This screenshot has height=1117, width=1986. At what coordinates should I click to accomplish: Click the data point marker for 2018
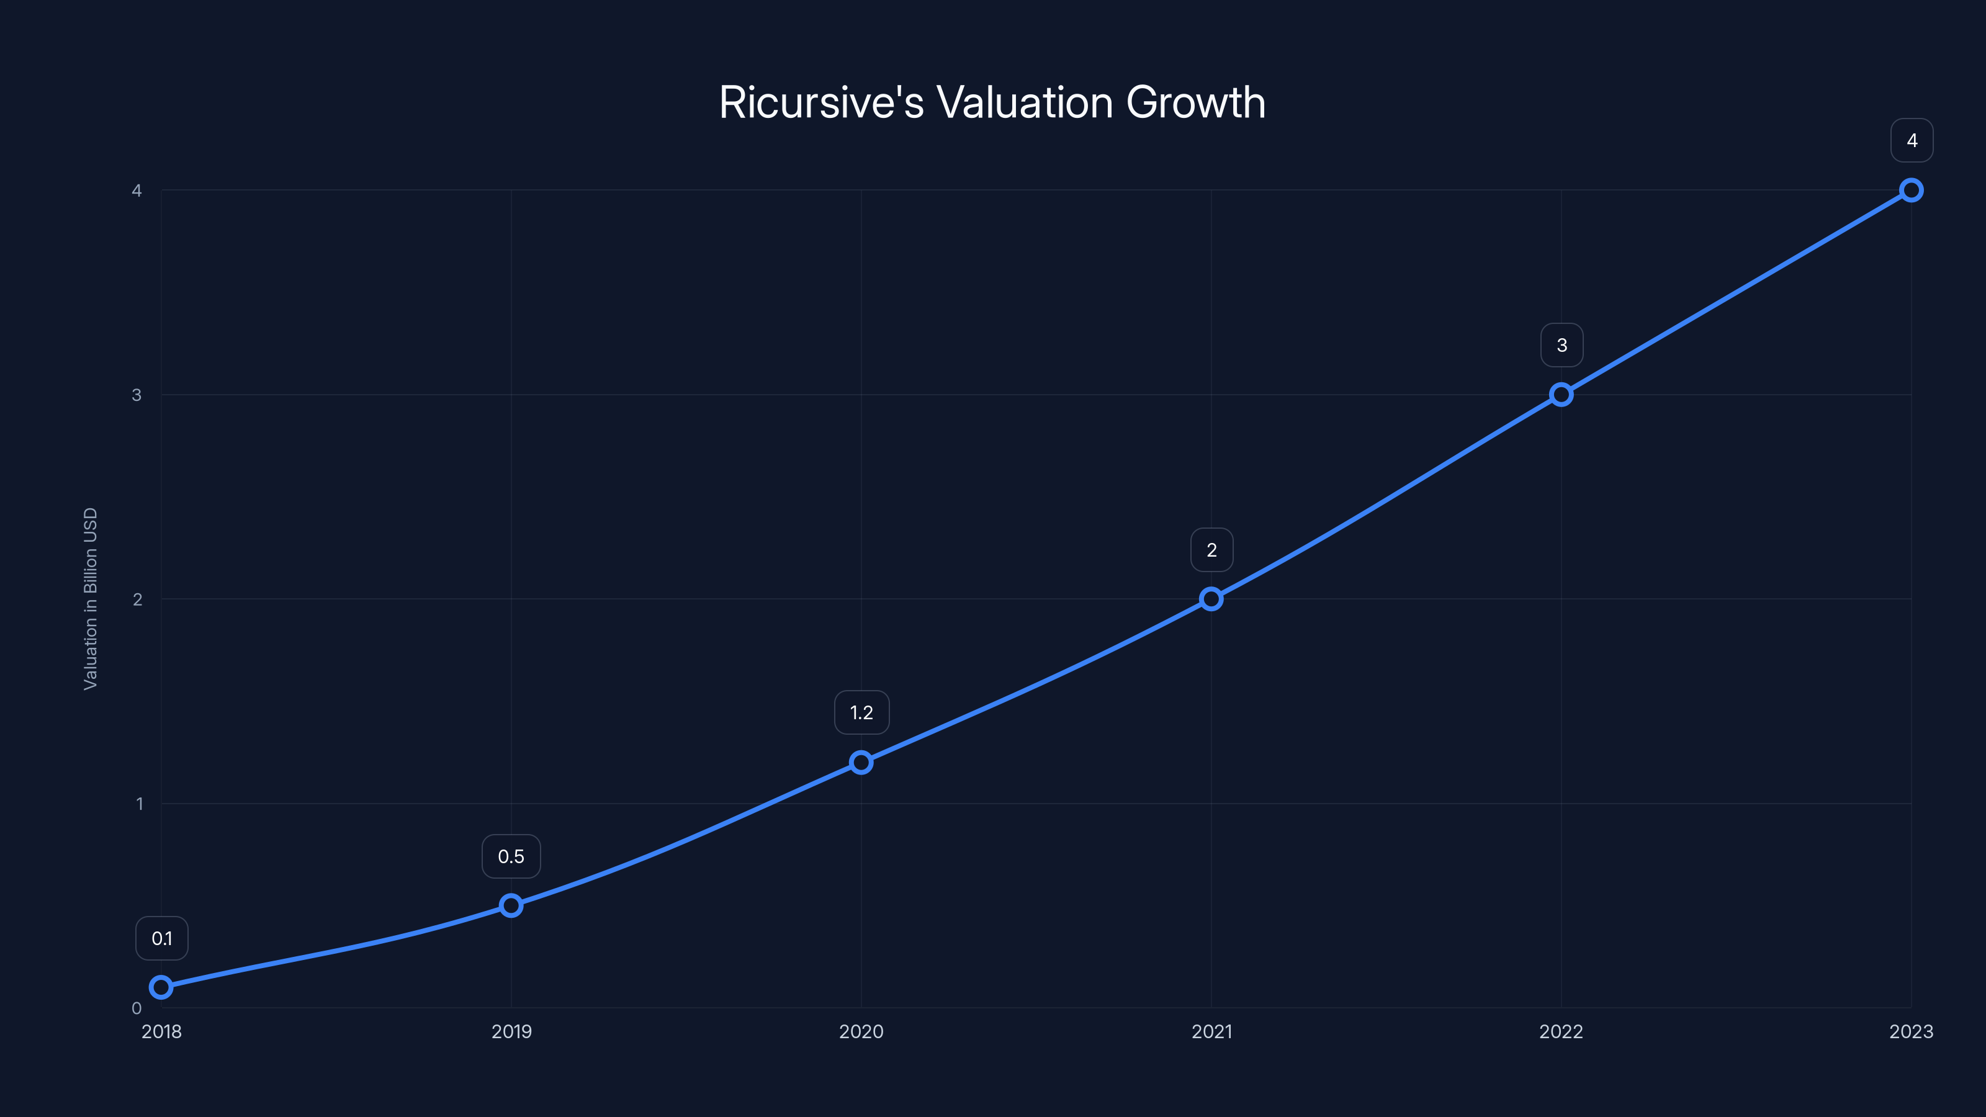click(161, 987)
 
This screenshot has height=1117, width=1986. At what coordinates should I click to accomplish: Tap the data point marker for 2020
click(861, 763)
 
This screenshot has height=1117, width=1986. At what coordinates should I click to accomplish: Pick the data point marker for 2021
click(1211, 599)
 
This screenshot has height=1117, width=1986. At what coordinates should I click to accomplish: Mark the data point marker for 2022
click(1561, 395)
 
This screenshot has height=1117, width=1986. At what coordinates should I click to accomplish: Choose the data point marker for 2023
click(1912, 191)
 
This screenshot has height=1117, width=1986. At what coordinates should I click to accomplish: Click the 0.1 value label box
click(162, 938)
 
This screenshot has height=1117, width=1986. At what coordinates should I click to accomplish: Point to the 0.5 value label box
click(511, 856)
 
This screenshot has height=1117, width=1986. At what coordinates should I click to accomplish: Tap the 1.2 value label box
click(861, 712)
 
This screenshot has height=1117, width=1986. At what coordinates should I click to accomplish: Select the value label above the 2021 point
click(1211, 550)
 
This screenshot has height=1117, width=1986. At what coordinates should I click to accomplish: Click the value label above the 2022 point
click(1561, 346)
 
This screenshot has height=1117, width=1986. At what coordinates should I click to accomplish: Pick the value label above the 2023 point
click(1912, 140)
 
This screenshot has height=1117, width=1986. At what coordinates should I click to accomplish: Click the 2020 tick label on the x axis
click(861, 1031)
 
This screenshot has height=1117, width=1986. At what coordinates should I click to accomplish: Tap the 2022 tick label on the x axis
click(1561, 1031)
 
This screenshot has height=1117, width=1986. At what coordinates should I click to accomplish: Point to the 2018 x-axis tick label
click(161, 1031)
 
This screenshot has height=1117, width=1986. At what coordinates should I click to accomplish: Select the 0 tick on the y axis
click(137, 1008)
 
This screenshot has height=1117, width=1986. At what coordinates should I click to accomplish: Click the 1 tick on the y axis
click(139, 803)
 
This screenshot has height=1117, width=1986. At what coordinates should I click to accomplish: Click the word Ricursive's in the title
click(821, 102)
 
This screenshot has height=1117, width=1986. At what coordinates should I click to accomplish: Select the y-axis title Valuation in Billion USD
click(90, 598)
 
